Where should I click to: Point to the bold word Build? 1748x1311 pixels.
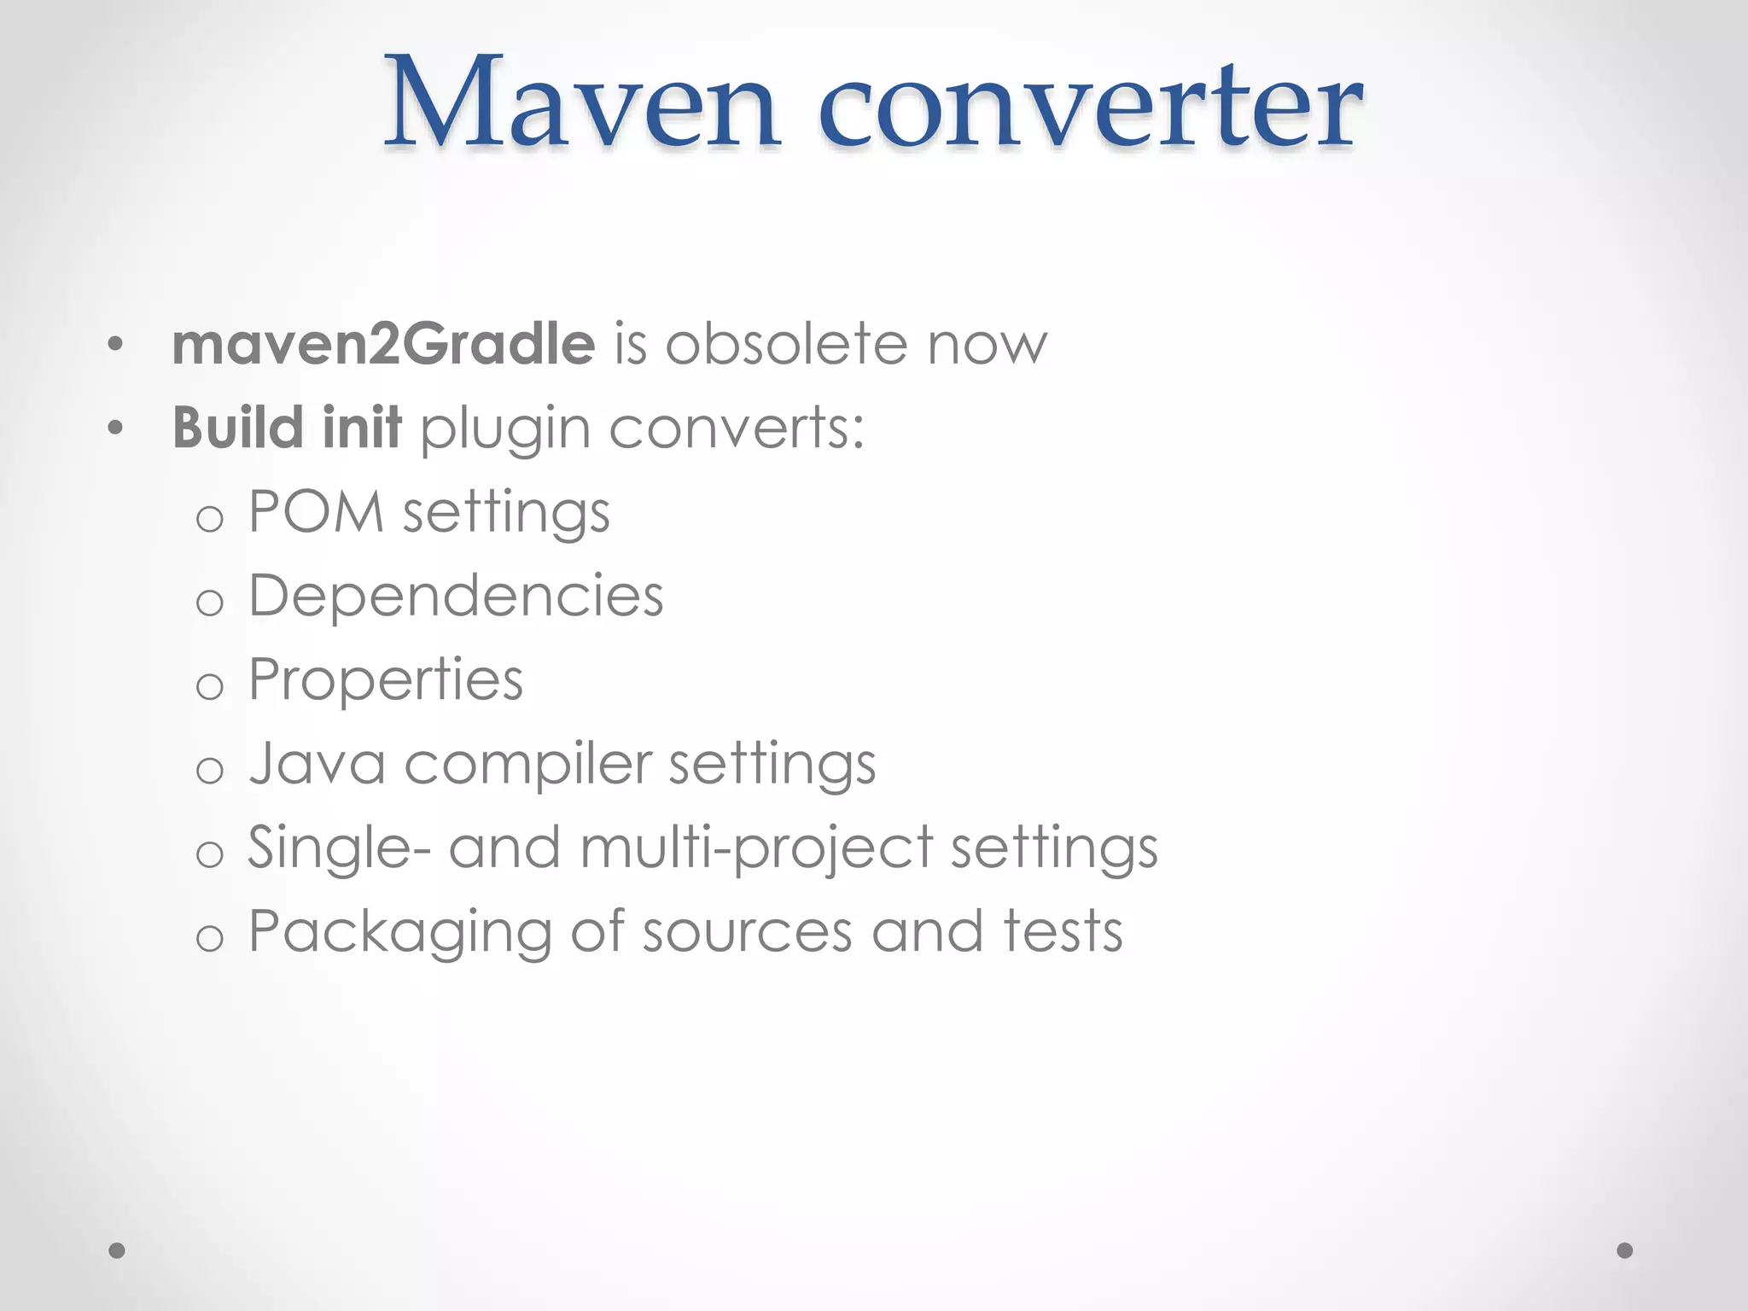238,427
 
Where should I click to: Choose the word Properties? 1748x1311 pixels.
385,681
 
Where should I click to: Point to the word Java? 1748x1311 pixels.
317,762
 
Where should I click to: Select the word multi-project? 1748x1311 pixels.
756,848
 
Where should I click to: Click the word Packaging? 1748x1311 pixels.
399,932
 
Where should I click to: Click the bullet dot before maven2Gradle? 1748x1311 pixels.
116,346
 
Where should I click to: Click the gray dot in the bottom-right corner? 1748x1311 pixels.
1625,1250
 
